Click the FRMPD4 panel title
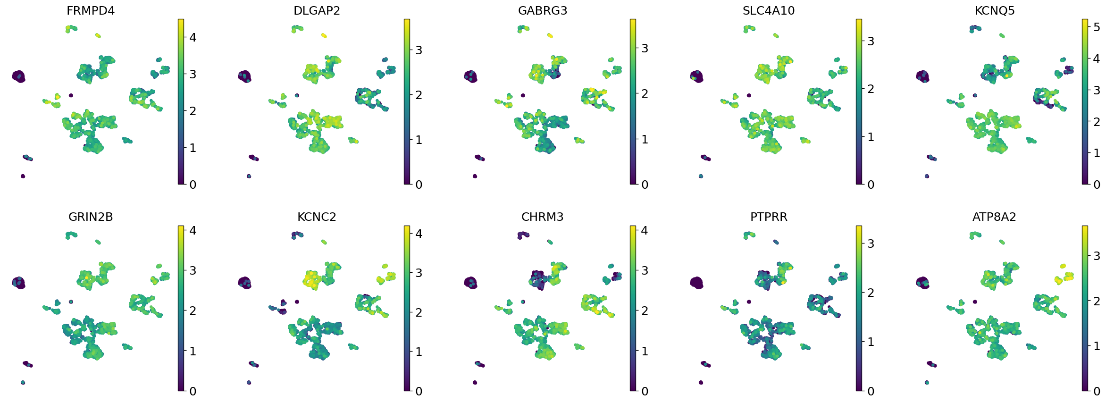point(91,10)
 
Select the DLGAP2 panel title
point(317,10)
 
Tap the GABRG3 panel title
point(543,10)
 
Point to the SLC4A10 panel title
point(769,10)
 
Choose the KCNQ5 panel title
point(995,10)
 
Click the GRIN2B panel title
point(91,217)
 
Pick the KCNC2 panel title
point(317,217)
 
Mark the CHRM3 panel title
point(543,217)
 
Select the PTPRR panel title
point(769,217)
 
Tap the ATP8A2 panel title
point(994,217)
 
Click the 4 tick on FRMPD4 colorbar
point(193,37)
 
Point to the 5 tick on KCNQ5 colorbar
point(1097,27)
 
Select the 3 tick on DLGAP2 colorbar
point(419,50)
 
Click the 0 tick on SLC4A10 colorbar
point(871,185)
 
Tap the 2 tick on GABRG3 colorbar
point(645,93)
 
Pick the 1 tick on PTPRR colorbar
point(871,342)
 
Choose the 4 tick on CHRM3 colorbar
point(645,230)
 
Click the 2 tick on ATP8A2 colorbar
point(1097,301)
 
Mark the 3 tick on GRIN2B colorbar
point(193,270)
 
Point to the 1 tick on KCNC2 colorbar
point(419,352)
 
